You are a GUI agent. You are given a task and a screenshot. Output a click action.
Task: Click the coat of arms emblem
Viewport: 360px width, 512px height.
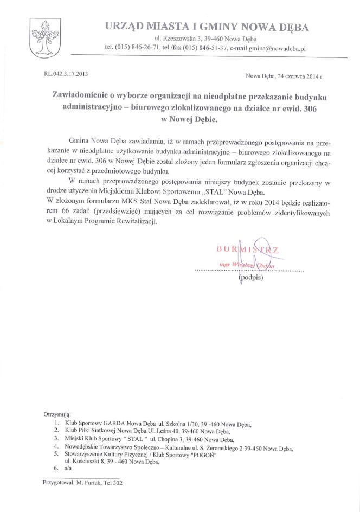43,37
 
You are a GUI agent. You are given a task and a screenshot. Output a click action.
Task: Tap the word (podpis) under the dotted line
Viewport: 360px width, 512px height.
251,278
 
